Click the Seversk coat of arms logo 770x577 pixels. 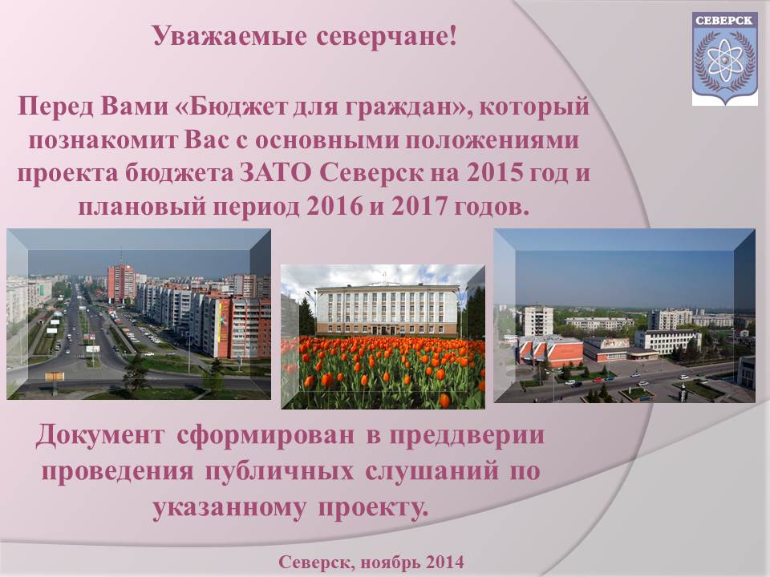(725, 59)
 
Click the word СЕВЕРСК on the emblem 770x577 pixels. (725, 21)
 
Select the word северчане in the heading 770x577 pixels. (382, 37)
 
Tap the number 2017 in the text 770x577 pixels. (419, 207)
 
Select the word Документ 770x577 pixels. (99, 434)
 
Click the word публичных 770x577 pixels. (278, 471)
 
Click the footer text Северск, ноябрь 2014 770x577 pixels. (371, 561)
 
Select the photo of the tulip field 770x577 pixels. (383, 337)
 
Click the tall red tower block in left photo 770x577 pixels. (121, 283)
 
